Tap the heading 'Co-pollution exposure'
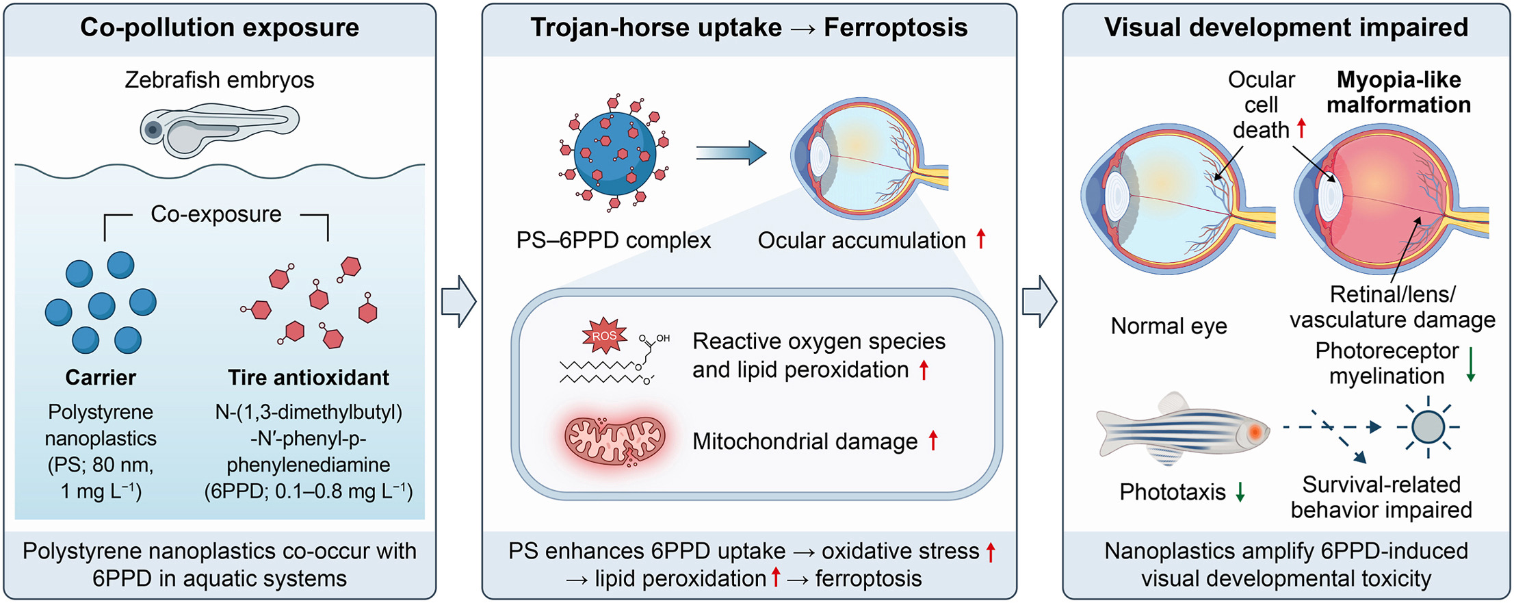pos(220,28)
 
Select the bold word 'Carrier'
pos(101,377)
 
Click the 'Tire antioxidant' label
pos(309,377)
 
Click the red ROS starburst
pos(604,335)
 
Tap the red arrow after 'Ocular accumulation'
pos(981,239)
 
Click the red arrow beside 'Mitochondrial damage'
pos(933,440)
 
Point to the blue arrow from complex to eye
pos(731,153)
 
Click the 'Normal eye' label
pos(1169,326)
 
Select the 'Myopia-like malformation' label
pos(1398,92)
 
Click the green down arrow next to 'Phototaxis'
pos(1240,491)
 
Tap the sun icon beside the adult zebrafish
pos(1428,427)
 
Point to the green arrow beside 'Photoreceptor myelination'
pos(1470,364)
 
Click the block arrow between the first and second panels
pos(458,301)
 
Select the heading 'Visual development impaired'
pos(1286,28)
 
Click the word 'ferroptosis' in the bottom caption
pos(868,579)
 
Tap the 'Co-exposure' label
pos(216,214)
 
